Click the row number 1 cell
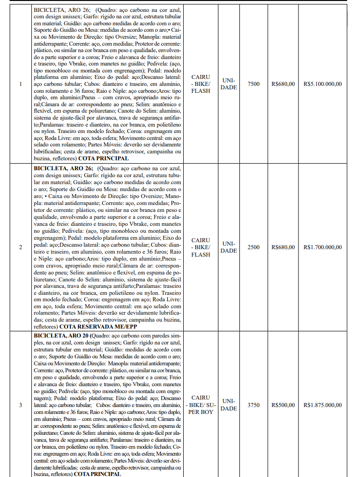[x=20, y=84]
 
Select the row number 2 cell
[x=20, y=247]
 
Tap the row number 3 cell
[x=20, y=405]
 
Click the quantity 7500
[x=253, y=84]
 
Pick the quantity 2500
[x=253, y=247]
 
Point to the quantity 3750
[x=253, y=405]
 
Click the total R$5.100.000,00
[x=322, y=84]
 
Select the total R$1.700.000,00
[x=322, y=247]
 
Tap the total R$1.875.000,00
[x=322, y=405]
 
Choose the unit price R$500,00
[x=283, y=405]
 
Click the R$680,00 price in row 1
[x=283, y=84]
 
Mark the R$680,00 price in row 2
[x=283, y=247]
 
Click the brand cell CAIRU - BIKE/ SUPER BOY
[x=201, y=405]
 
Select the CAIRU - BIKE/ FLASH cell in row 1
[x=201, y=84]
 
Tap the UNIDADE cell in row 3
[x=229, y=405]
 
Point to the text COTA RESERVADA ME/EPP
[x=97, y=327]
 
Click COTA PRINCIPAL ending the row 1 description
[x=103, y=159]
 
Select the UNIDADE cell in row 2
[x=229, y=247]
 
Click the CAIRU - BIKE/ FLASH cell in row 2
[x=201, y=247]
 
